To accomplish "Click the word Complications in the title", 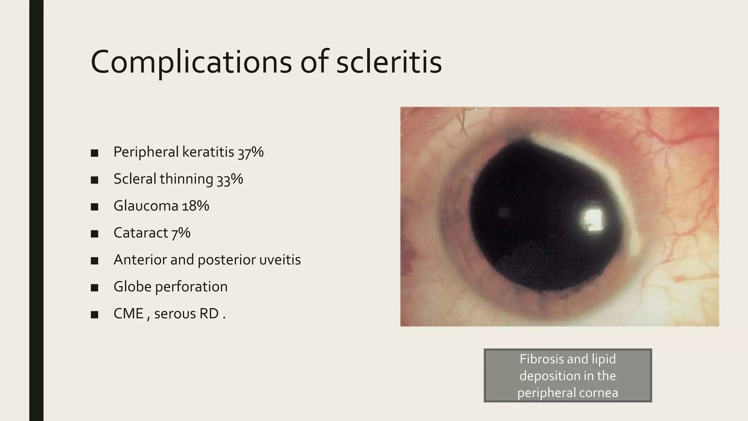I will (191, 62).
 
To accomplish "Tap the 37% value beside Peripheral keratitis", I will (251, 152).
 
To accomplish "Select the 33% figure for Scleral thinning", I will (230, 179).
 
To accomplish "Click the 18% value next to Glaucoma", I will (195, 206).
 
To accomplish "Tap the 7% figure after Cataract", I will (181, 233).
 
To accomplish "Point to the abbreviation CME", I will (129, 314).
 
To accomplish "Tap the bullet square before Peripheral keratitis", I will (95, 153).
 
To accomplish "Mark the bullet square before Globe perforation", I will (95, 288).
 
